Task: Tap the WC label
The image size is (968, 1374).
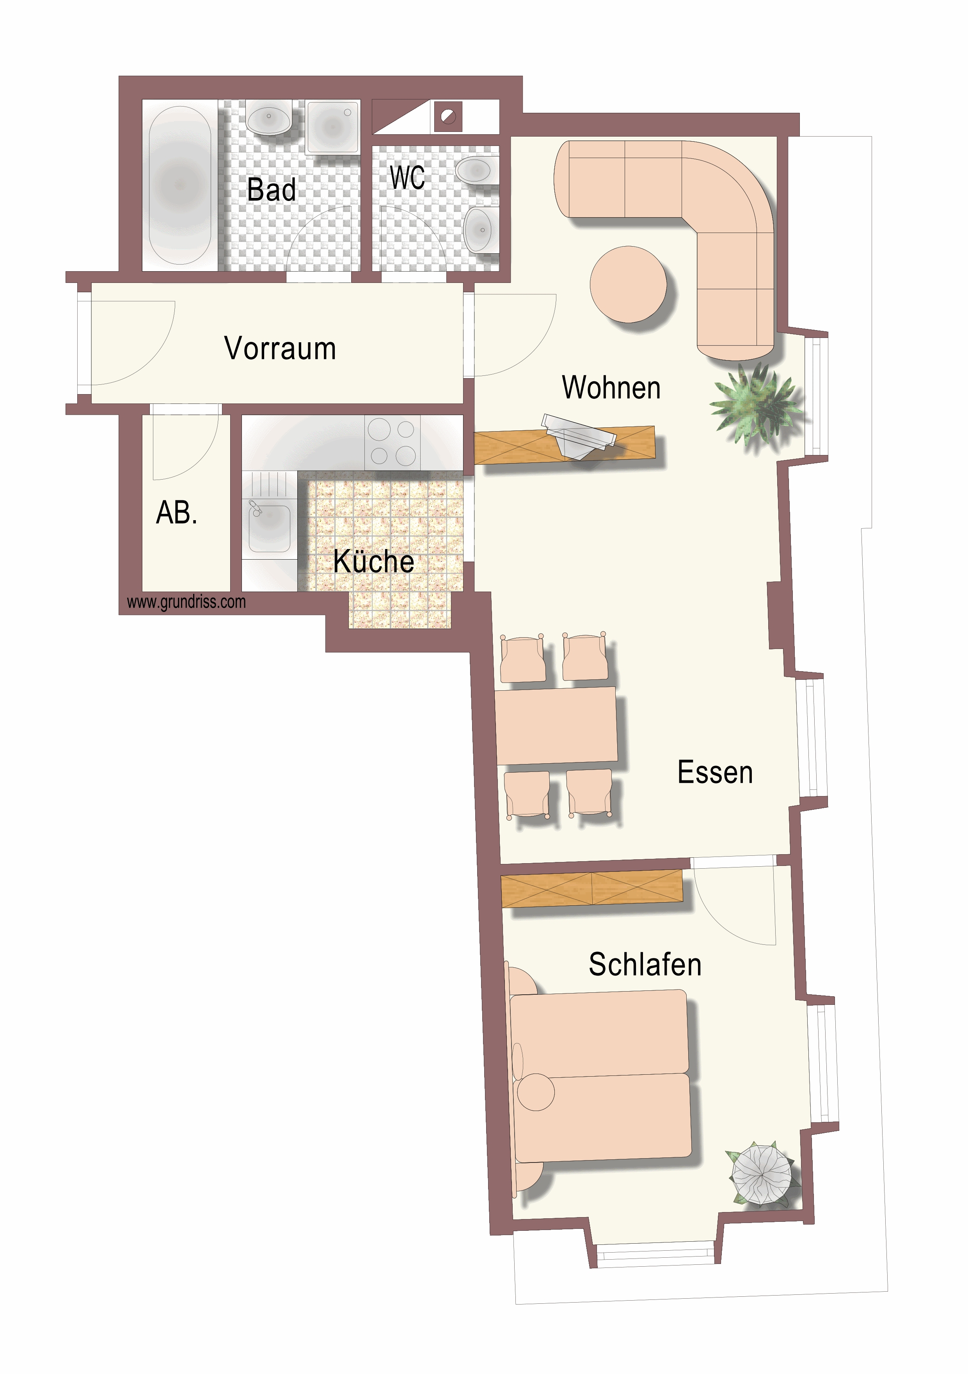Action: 407,177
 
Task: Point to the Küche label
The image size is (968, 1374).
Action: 374,561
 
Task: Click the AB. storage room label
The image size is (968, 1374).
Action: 176,513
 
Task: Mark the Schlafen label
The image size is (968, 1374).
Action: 645,964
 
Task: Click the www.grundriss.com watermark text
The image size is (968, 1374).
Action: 186,602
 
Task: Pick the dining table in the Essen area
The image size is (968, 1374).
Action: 556,725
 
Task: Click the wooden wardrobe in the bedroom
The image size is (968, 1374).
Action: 592,887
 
